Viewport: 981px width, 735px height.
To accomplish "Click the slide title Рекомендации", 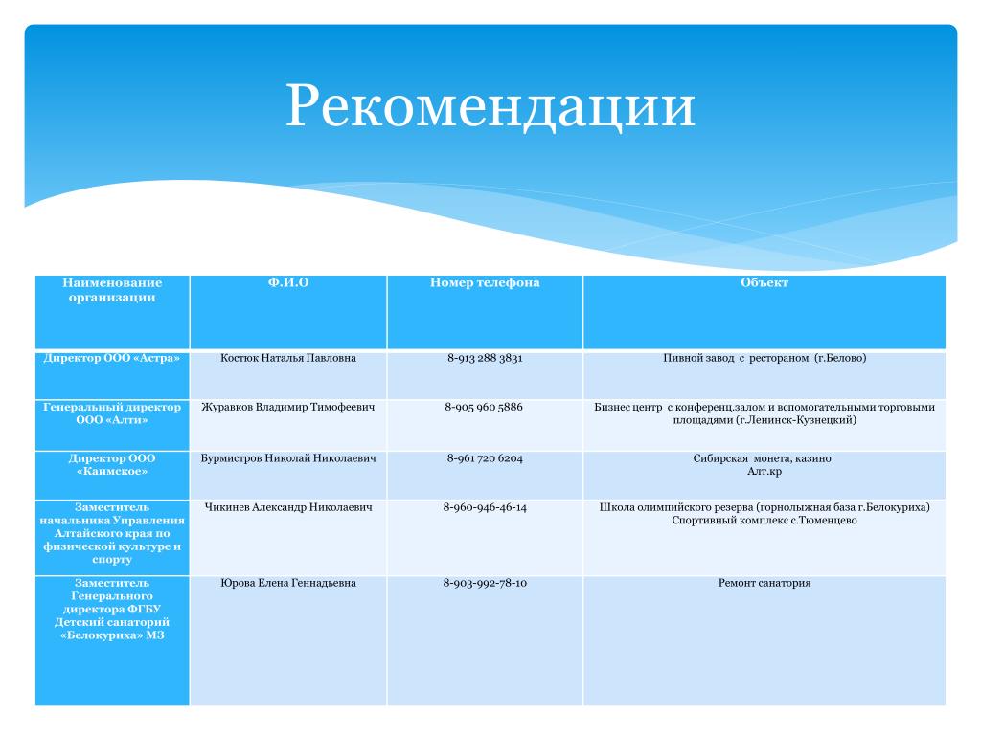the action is [490, 105].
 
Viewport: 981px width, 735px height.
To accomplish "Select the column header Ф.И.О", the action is [287, 282].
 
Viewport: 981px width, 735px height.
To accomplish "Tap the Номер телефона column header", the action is [484, 282].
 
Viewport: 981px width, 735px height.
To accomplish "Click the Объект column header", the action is [764, 282].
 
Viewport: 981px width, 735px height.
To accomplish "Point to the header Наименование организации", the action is [112, 289].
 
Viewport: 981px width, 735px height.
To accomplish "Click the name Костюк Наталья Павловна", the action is [287, 358].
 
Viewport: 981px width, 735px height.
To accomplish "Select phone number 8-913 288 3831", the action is [484, 358].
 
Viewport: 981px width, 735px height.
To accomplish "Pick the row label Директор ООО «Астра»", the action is [112, 358].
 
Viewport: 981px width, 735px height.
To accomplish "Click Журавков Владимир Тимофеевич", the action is [287, 407].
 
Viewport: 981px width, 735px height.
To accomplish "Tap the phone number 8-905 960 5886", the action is [484, 407].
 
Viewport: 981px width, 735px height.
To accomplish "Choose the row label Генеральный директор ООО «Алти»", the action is [112, 413].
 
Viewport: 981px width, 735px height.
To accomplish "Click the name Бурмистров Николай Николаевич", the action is [287, 458].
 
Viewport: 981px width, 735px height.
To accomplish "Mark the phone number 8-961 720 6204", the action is [484, 458].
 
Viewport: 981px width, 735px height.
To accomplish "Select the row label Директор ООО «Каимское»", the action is [112, 464].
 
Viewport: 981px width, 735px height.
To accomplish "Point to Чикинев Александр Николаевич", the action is [287, 507].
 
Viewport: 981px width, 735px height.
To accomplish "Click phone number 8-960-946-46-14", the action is [484, 507].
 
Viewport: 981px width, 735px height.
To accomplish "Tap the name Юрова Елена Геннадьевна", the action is [287, 583].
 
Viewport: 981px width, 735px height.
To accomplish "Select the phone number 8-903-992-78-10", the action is [484, 583].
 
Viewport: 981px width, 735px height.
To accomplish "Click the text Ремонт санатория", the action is [764, 583].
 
